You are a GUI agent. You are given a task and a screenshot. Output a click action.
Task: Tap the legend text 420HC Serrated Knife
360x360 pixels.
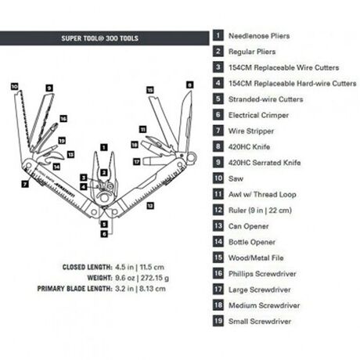pos(262,162)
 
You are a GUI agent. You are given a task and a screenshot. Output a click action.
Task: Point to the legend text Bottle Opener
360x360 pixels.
pos(251,242)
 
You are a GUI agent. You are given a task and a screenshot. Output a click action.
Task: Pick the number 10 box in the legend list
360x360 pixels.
pos(217,178)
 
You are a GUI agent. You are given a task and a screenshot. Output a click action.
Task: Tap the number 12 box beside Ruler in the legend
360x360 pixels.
pos(217,210)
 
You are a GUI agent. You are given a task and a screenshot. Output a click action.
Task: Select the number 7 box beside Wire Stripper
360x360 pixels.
pos(217,130)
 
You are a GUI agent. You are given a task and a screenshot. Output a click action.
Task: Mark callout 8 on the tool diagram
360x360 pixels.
pos(189,84)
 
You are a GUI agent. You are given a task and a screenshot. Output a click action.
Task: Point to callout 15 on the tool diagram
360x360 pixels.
pos(149,91)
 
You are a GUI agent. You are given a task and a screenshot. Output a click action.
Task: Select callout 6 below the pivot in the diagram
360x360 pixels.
pos(103,232)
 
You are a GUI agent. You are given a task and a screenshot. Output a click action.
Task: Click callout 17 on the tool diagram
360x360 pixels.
pos(137,162)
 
